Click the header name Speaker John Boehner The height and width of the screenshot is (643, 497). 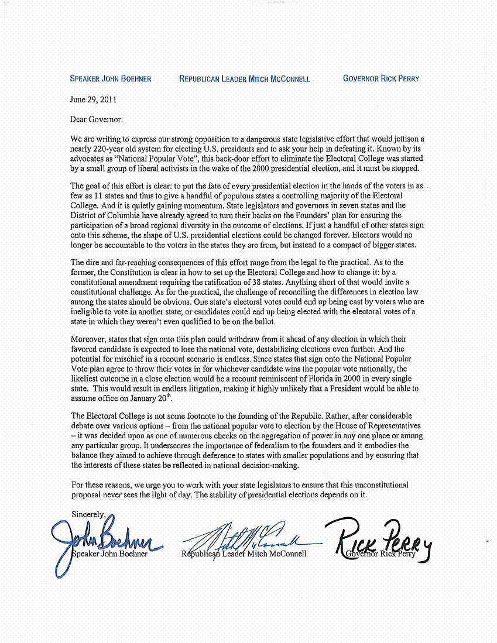111,79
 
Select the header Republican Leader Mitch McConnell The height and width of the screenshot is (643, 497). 245,79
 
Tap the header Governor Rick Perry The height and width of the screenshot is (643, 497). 381,78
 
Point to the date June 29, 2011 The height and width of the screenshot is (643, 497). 94,100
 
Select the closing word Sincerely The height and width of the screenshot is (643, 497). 88,515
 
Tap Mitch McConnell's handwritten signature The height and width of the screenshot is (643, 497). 246,535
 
